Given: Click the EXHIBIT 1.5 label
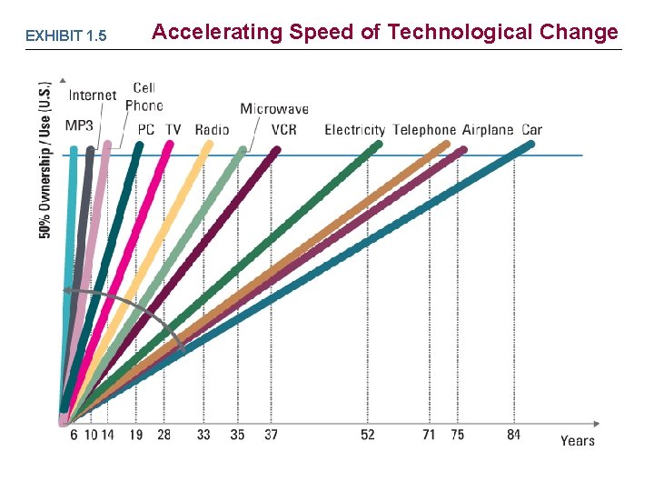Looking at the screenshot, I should click(x=65, y=36).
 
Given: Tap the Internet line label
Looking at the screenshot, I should click(x=93, y=95).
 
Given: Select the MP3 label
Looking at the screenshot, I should click(x=79, y=125).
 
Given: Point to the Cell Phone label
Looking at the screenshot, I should click(x=144, y=96).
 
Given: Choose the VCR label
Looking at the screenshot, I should click(x=283, y=130).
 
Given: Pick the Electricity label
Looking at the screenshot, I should click(x=354, y=130).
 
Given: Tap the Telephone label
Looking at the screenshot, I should click(x=424, y=130).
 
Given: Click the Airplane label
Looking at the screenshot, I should click(x=488, y=130).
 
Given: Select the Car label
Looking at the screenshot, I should click(x=532, y=130).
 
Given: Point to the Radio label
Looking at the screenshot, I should click(x=212, y=130).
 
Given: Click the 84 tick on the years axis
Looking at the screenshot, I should click(x=514, y=435).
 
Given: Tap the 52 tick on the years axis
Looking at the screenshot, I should click(x=368, y=435).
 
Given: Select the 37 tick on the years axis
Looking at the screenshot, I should click(x=272, y=435).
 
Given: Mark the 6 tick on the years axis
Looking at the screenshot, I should click(x=74, y=435).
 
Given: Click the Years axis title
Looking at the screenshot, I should click(x=578, y=441).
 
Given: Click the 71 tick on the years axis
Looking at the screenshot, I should click(x=429, y=435).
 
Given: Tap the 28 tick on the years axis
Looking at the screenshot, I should click(x=163, y=435).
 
